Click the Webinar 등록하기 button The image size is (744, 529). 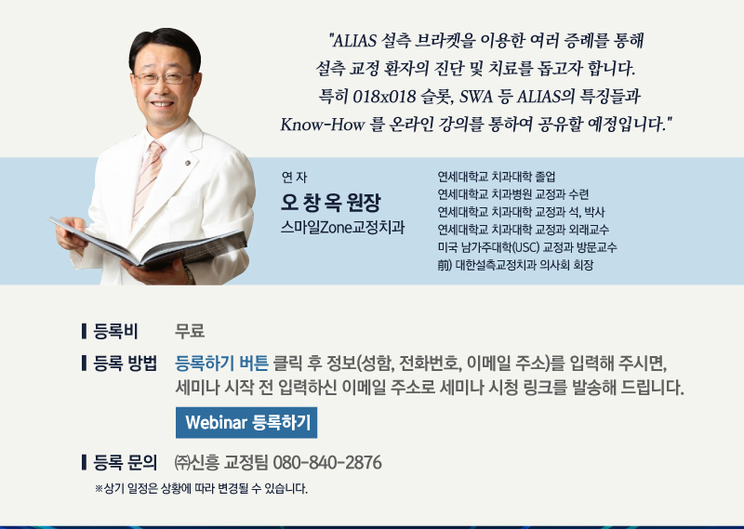(x=246, y=422)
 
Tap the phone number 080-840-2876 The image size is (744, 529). (x=327, y=462)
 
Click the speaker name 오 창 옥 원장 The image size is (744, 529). (x=331, y=202)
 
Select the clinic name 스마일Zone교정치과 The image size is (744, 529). (x=342, y=227)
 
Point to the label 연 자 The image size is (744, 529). (x=294, y=177)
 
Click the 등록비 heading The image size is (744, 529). (x=115, y=331)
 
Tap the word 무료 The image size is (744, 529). (x=190, y=331)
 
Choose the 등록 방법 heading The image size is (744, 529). (x=126, y=364)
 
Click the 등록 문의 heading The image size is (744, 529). (x=126, y=462)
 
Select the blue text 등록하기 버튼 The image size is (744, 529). (x=222, y=364)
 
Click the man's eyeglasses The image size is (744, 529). (x=163, y=78)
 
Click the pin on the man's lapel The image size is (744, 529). (x=188, y=164)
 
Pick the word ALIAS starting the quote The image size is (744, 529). (x=354, y=41)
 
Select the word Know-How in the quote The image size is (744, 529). (x=323, y=125)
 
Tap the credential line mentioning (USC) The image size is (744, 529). (x=527, y=247)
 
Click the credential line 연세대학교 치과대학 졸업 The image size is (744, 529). (x=497, y=177)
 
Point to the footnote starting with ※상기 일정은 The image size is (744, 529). (x=201, y=488)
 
